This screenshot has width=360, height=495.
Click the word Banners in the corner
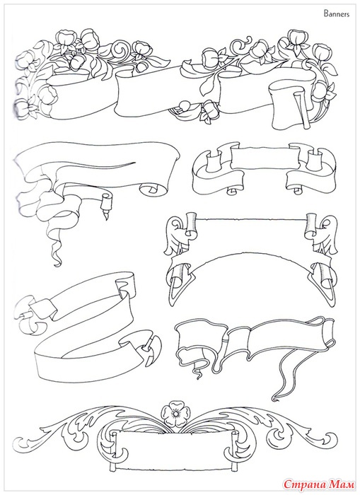point(337,14)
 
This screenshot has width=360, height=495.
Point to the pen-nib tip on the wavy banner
point(104,216)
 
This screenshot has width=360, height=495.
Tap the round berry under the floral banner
point(183,106)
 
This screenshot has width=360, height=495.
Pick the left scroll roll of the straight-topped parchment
point(190,225)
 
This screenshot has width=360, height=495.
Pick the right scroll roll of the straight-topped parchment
point(310,225)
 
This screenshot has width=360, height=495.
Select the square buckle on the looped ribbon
point(45,308)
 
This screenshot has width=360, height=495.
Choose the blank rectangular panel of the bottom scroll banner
point(172,448)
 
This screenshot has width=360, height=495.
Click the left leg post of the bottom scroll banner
point(112,467)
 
